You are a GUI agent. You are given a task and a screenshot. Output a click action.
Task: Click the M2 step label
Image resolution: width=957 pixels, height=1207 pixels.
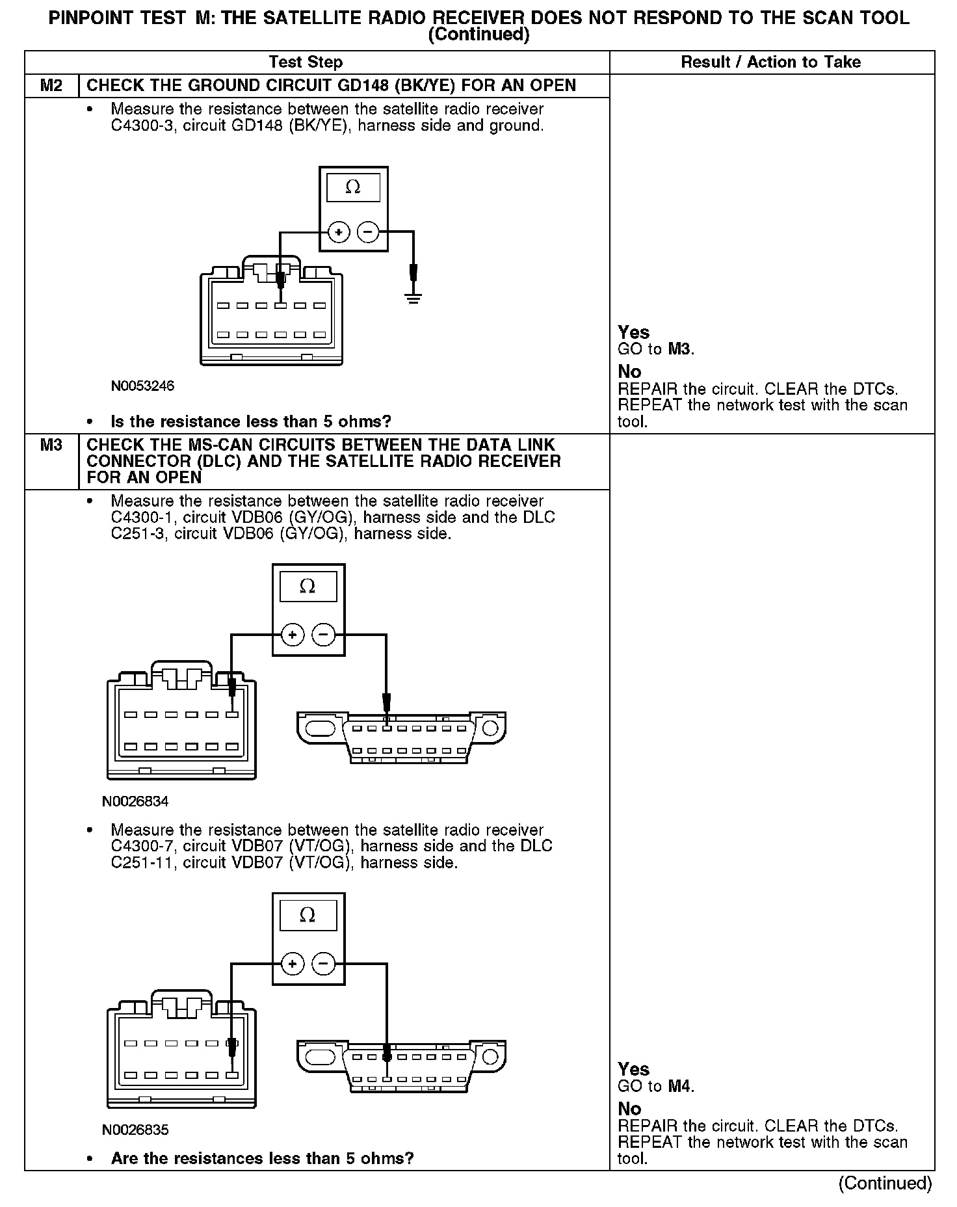coord(51,86)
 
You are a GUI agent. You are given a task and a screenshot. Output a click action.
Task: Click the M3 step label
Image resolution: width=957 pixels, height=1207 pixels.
coord(51,445)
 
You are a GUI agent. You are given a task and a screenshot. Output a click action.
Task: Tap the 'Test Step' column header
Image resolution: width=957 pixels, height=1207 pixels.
coord(306,62)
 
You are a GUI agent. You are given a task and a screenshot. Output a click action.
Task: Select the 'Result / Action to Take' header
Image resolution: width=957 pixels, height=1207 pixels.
coord(770,62)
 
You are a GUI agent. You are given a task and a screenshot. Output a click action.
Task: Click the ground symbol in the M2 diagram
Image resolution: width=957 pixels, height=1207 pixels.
coord(413,298)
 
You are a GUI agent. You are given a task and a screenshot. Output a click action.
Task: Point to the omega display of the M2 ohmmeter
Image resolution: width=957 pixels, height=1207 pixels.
coord(353,187)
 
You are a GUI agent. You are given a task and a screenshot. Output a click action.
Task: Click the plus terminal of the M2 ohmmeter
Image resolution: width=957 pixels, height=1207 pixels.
coord(339,232)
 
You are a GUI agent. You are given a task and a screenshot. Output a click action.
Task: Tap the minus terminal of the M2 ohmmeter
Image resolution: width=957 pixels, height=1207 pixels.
coord(369,232)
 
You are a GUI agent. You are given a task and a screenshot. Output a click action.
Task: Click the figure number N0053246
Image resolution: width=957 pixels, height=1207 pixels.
coord(142,386)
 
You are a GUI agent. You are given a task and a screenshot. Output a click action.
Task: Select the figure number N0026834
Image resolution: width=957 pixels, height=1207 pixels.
coord(135,801)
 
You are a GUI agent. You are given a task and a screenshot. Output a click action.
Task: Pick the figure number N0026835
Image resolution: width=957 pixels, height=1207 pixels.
coord(135,1130)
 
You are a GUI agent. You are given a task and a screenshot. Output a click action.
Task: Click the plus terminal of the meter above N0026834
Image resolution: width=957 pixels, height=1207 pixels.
coord(293,634)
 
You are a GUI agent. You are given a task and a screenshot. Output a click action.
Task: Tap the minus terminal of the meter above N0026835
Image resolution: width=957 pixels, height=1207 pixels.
coord(324,964)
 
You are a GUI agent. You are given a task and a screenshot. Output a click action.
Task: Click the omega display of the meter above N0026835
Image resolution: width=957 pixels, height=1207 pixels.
coord(308,916)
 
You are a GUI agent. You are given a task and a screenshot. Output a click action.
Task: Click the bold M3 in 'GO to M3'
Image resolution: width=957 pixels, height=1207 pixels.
coord(679,349)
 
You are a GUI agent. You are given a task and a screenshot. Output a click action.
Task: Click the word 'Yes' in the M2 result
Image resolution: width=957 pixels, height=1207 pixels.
coord(633,332)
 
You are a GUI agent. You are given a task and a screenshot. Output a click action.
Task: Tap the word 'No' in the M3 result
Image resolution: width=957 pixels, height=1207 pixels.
coord(629,1109)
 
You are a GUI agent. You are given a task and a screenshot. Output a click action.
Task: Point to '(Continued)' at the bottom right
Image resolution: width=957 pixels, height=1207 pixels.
coord(885,1183)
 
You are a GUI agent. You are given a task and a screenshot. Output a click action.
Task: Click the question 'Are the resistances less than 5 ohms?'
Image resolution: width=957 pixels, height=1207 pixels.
coord(262,1158)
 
